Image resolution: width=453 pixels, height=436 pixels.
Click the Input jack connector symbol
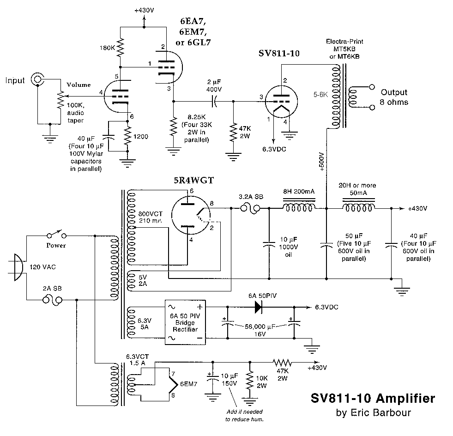[x=36, y=80]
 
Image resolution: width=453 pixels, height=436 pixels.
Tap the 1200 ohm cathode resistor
[x=128, y=136]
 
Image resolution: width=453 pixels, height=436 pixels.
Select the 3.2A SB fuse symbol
[x=251, y=209]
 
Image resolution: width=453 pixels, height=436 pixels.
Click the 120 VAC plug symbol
[x=17, y=267]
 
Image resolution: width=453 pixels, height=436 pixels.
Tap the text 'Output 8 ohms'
[x=394, y=97]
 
